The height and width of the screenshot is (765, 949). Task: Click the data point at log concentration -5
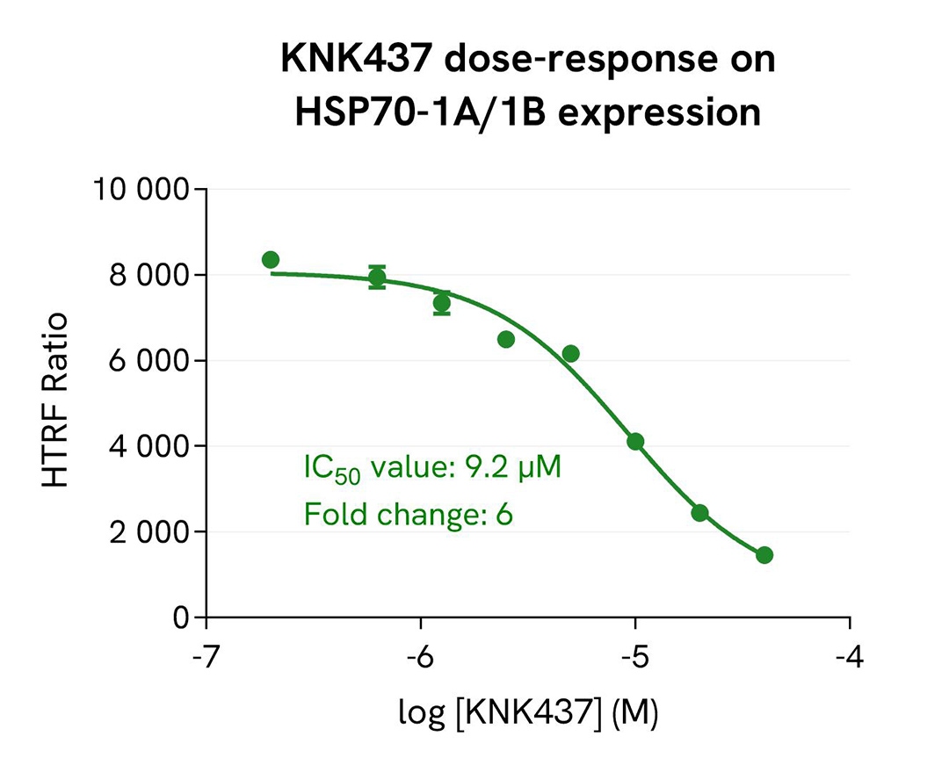[635, 442]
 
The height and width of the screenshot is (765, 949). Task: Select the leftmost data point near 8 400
[271, 259]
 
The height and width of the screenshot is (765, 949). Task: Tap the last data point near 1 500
[764, 555]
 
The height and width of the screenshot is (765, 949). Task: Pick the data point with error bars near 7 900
[377, 278]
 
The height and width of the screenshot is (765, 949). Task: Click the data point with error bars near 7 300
[442, 303]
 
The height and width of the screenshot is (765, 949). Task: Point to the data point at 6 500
[506, 339]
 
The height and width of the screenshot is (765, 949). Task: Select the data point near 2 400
[699, 513]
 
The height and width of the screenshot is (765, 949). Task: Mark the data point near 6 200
[571, 353]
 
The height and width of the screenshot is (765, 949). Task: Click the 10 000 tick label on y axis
[141, 190]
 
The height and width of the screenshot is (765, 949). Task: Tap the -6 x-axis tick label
[420, 656]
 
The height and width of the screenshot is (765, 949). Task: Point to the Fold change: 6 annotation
[408, 514]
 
